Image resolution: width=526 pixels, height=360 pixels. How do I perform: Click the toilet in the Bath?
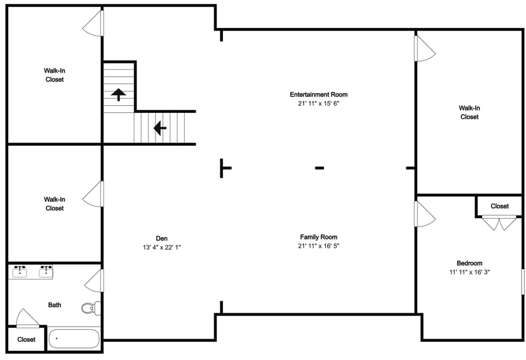(x=92, y=308)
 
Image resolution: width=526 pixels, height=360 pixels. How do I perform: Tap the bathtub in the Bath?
(x=74, y=339)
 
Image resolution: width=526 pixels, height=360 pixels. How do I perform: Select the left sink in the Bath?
(x=20, y=271)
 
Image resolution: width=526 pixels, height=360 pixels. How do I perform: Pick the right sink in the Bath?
(x=46, y=271)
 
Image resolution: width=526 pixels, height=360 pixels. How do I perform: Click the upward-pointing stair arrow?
(x=118, y=95)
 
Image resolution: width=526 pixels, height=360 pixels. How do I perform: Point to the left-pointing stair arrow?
(x=160, y=128)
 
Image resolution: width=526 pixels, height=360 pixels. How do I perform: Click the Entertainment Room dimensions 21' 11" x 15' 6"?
(x=319, y=104)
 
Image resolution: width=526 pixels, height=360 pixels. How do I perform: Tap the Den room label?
(x=162, y=238)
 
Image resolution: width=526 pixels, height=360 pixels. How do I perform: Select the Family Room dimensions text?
(x=319, y=246)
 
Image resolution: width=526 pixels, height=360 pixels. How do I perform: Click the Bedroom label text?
(x=470, y=264)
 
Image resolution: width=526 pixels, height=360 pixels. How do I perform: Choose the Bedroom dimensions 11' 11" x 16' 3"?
(x=470, y=272)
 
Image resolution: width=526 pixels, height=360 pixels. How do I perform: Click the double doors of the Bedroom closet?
(x=499, y=223)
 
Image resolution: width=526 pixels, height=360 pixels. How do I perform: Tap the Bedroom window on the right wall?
(x=523, y=282)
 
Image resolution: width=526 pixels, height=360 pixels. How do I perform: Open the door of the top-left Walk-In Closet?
(x=93, y=23)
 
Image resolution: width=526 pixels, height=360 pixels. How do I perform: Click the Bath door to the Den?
(x=94, y=281)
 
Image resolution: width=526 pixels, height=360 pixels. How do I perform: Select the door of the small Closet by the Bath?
(x=28, y=318)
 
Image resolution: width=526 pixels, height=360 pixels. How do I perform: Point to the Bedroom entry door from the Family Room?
(x=425, y=214)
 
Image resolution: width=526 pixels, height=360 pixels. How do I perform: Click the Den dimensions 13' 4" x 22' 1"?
(x=162, y=248)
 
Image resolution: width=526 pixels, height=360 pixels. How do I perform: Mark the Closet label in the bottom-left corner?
(x=26, y=340)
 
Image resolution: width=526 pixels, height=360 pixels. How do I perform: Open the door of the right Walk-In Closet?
(x=425, y=48)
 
